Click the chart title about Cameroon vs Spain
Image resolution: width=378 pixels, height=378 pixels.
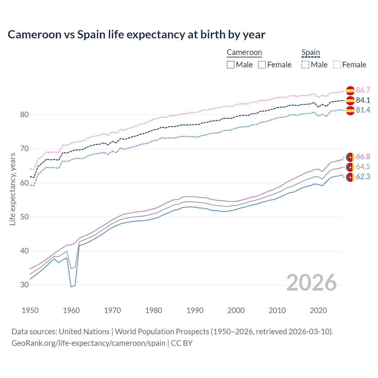[136, 35]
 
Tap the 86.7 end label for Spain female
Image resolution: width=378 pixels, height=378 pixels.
[363, 90]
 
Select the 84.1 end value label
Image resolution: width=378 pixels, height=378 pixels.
[363, 100]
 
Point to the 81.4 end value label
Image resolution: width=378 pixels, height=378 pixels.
[363, 110]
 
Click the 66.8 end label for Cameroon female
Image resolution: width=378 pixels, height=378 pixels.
[363, 157]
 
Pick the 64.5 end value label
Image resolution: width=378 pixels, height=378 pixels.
[363, 167]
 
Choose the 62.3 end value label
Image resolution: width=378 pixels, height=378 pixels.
[363, 177]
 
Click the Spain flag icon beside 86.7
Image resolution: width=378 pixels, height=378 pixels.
[350, 90]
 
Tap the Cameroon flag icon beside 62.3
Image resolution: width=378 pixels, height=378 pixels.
[350, 177]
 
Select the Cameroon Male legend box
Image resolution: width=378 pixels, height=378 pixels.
[231, 65]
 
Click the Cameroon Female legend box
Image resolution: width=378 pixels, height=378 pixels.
[262, 65]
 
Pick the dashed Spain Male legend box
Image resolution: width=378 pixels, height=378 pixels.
[305, 65]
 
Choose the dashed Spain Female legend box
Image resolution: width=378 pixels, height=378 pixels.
[337, 65]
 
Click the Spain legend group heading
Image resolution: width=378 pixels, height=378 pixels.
[311, 53]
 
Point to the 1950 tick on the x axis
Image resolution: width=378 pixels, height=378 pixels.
[30, 310]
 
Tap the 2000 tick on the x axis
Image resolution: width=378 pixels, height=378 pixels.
[236, 310]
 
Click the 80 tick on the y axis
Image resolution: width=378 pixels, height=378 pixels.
[25, 115]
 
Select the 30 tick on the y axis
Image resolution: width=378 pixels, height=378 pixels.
[25, 285]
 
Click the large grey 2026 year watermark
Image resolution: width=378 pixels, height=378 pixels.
[311, 283]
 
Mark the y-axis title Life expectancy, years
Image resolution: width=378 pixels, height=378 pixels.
[12, 189]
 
